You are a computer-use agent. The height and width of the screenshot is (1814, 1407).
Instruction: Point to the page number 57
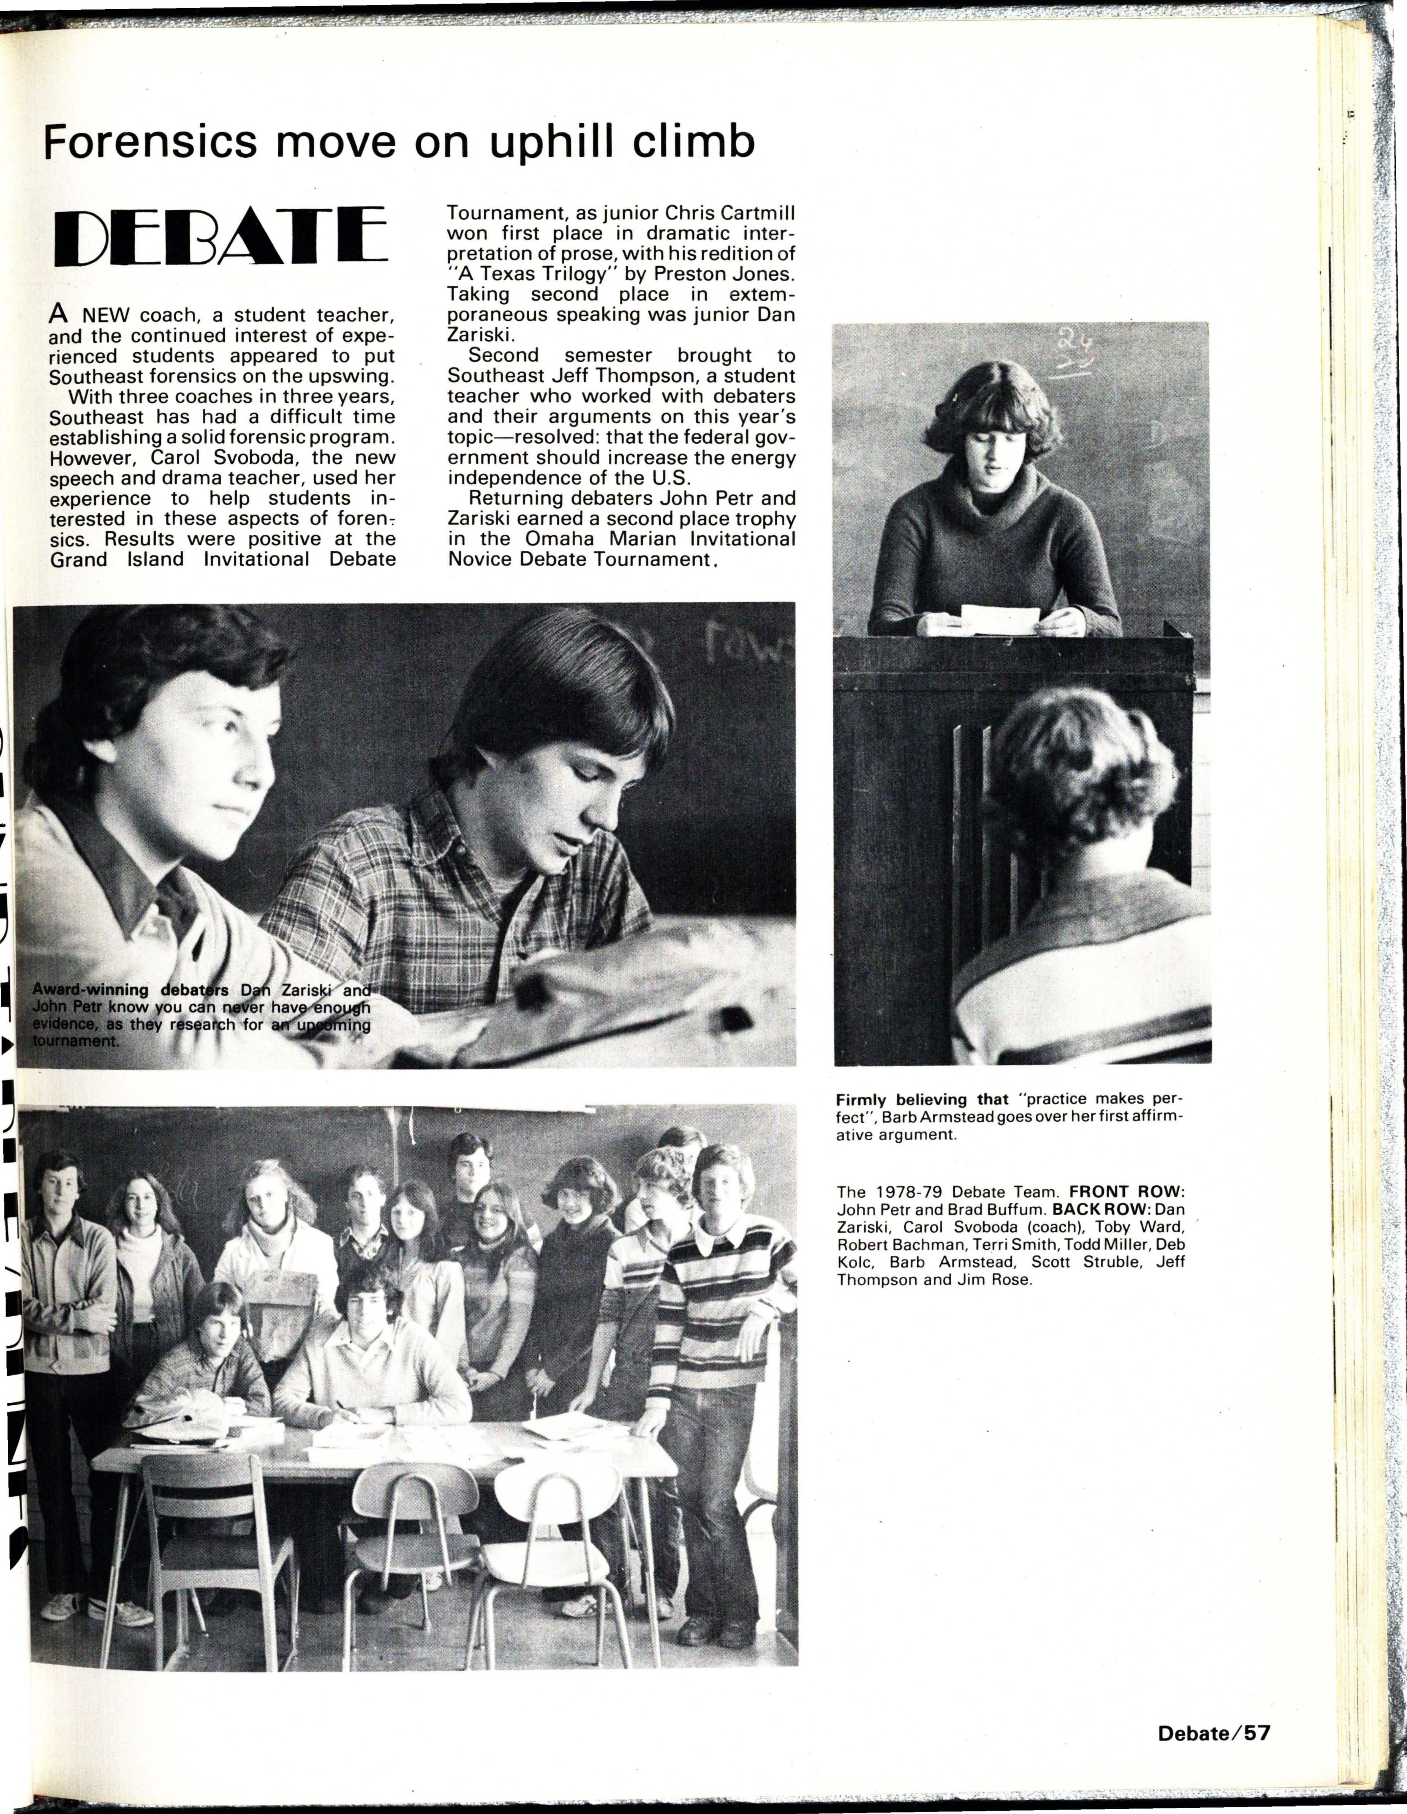tap(1257, 1733)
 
